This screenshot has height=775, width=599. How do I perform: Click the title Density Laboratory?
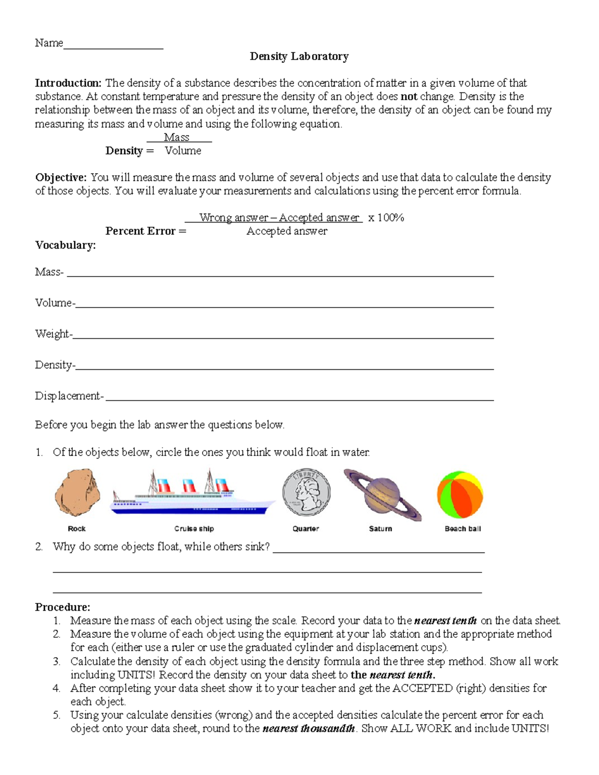point(299,56)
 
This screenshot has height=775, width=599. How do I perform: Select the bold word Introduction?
point(68,83)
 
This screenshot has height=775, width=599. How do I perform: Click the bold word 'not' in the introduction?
point(409,96)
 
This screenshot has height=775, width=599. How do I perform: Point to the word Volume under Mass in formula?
point(183,151)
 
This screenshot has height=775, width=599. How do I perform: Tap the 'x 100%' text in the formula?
point(386,218)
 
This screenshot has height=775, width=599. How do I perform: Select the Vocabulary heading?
point(65,245)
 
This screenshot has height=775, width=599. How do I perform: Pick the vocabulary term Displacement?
point(68,396)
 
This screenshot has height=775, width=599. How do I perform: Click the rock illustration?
point(77,492)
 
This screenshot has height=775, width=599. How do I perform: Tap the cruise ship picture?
point(192,494)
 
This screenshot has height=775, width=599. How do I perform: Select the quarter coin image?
point(306,493)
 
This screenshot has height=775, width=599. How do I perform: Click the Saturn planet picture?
point(382,494)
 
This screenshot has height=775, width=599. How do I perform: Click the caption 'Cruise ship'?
point(194,528)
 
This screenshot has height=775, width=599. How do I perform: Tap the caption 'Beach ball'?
point(463,528)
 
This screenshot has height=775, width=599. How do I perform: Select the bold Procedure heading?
point(62,607)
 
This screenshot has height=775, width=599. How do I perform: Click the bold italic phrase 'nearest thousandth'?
point(308,728)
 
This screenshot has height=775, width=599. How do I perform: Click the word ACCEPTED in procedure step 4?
point(422,688)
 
